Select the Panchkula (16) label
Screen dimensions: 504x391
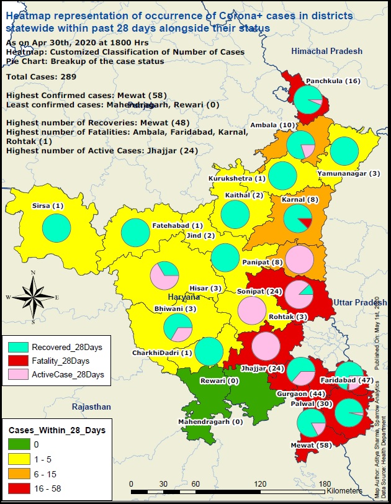[333, 81]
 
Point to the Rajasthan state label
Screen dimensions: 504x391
[91, 407]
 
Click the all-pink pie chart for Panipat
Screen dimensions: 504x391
[299, 259]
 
